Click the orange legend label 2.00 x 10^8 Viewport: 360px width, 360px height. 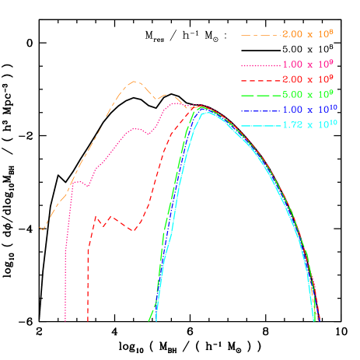(308, 34)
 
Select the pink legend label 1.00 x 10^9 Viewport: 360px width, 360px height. (308, 65)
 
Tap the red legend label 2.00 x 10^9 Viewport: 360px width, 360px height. (308, 80)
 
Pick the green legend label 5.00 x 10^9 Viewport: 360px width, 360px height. (308, 95)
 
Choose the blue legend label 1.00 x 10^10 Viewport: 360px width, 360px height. (308, 110)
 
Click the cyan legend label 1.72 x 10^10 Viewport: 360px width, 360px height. (308, 124)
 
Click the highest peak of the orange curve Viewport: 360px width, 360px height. (135, 81)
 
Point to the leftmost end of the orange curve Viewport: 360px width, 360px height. (40, 229)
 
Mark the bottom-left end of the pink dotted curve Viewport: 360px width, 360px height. (65, 319)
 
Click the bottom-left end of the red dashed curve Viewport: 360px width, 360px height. (88, 319)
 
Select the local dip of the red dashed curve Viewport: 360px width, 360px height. (134, 231)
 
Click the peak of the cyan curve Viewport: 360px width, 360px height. (208, 113)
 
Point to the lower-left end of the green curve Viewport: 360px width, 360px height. (149, 319)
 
